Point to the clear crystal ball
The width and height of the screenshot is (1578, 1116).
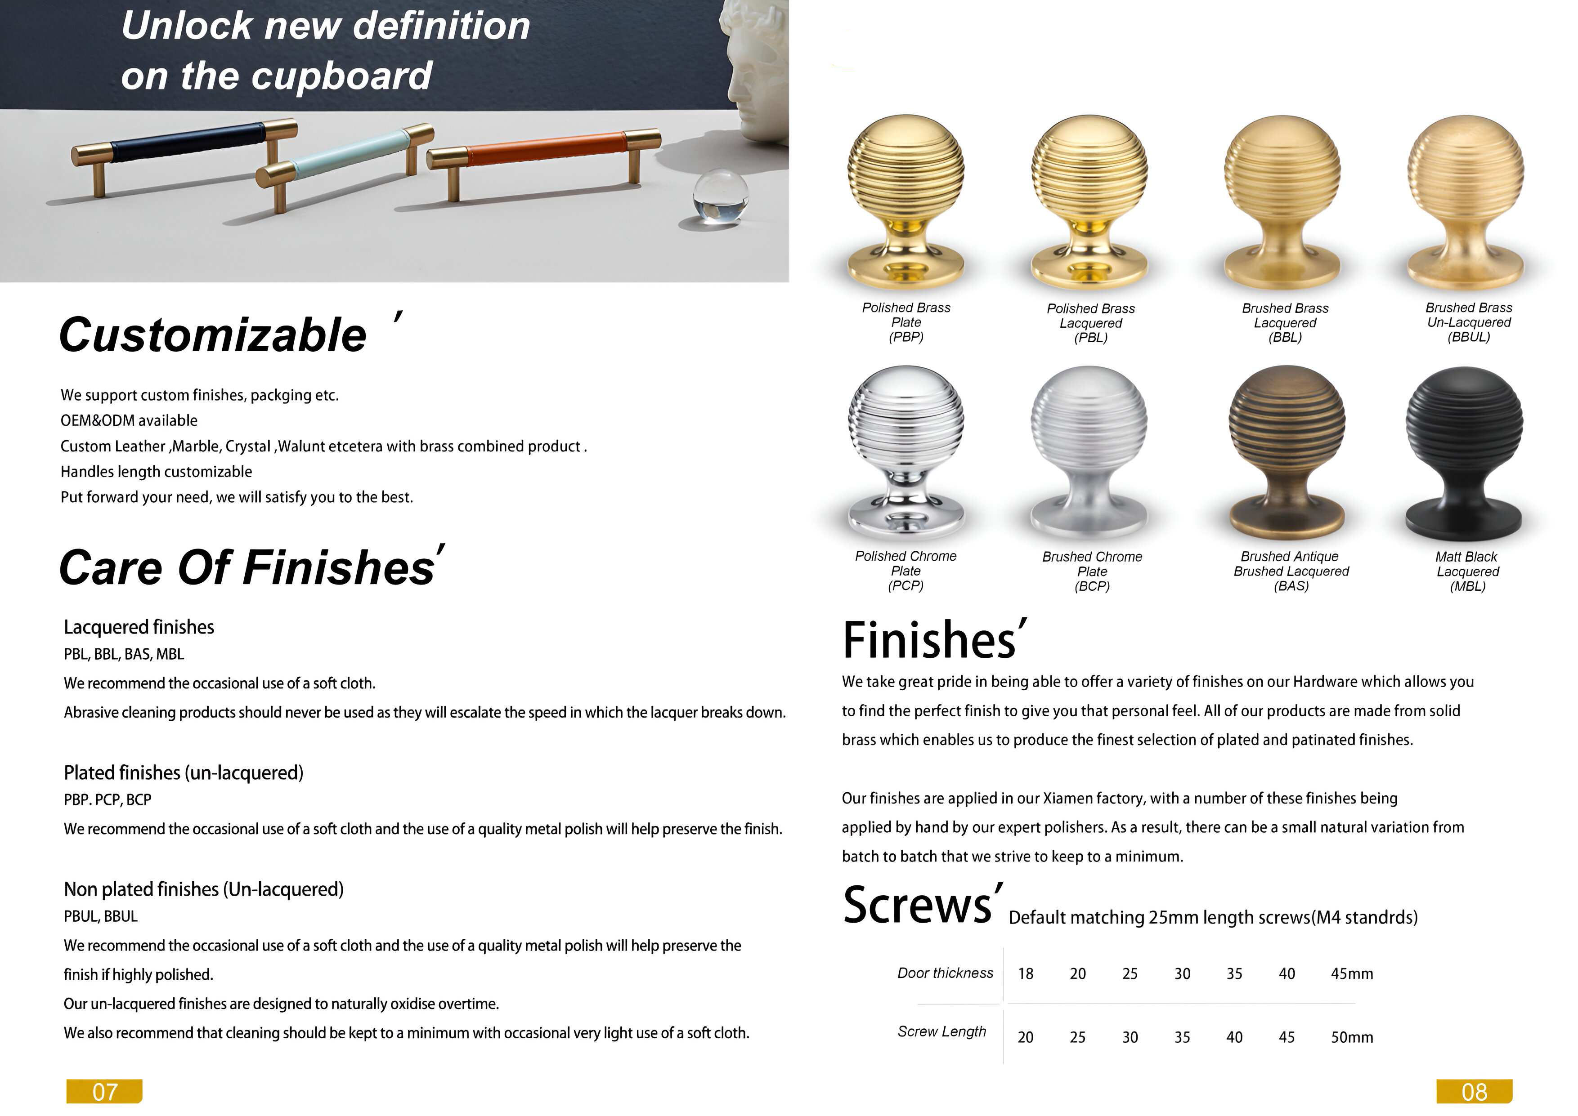pos(720,197)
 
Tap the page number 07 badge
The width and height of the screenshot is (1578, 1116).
pos(104,1091)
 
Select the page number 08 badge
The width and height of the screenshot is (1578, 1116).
pos(1474,1091)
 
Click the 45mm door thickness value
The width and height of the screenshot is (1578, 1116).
pos(1352,974)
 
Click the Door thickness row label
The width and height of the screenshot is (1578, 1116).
pos(945,973)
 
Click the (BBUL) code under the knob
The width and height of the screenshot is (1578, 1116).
pos(1469,337)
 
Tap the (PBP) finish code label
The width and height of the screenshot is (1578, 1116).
pos(906,337)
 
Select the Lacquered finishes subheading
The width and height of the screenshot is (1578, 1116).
pos(139,627)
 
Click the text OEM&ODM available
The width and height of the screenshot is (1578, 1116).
pos(129,420)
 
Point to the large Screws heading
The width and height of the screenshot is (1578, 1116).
pos(918,905)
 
